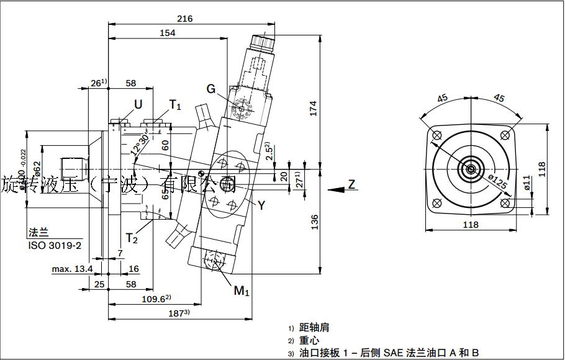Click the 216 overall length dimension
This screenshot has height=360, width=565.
pyautogui.click(x=184, y=19)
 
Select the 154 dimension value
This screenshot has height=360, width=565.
pyautogui.click(x=167, y=33)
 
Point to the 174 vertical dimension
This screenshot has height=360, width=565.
pyautogui.click(x=314, y=107)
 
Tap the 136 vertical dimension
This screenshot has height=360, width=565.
pyautogui.click(x=314, y=222)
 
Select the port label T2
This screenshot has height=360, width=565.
pyautogui.click(x=132, y=238)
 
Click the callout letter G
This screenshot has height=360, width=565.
pyautogui.click(x=211, y=89)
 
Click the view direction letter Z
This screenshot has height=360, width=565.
pyautogui.click(x=351, y=184)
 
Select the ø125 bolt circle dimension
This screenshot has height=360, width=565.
pyautogui.click(x=497, y=182)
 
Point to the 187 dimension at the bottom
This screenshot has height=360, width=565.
pyautogui.click(x=178, y=313)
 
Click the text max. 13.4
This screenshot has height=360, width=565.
pyautogui.click(x=72, y=269)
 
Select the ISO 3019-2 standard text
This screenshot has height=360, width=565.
pyautogui.click(x=55, y=246)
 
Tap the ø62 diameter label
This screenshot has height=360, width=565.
pyautogui.click(x=37, y=168)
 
